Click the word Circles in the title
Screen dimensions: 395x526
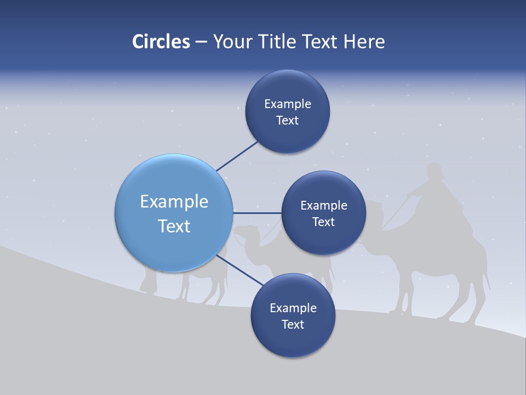161,42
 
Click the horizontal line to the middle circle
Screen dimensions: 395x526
258,213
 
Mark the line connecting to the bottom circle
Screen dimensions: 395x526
239,270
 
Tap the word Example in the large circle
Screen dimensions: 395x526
174,202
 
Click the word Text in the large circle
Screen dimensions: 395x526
174,226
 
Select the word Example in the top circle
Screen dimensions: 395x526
288,104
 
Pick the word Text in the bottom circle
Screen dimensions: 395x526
293,324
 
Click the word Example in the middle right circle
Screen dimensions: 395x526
324,206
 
